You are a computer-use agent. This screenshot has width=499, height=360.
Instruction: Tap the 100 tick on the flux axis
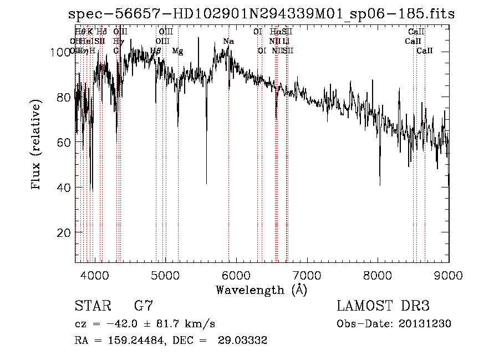[75, 52]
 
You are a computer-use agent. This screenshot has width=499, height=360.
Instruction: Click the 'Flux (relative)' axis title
[37, 145]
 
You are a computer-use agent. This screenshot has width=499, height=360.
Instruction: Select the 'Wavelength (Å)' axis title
[261, 290]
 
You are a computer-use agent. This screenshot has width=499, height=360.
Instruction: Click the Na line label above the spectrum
[228, 42]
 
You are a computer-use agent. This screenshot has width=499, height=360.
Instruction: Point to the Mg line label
[177, 51]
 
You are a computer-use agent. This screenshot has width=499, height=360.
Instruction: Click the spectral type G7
[143, 306]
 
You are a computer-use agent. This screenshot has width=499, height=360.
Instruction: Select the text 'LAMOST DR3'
[383, 306]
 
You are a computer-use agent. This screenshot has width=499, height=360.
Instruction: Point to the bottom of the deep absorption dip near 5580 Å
[207, 184]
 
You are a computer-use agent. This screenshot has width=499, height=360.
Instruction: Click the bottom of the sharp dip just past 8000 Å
[380, 185]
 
